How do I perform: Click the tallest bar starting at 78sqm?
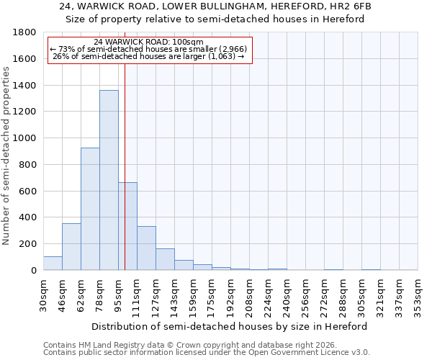pos(109,180)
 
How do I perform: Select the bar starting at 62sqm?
pos(90,209)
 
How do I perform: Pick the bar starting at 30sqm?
pos(53,264)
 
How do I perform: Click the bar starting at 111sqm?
pos(146,248)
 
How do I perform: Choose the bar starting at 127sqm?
pos(165,259)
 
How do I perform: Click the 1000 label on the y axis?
pos(25,138)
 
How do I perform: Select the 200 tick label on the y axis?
pos(28,244)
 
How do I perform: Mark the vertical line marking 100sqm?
pos(125,166)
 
